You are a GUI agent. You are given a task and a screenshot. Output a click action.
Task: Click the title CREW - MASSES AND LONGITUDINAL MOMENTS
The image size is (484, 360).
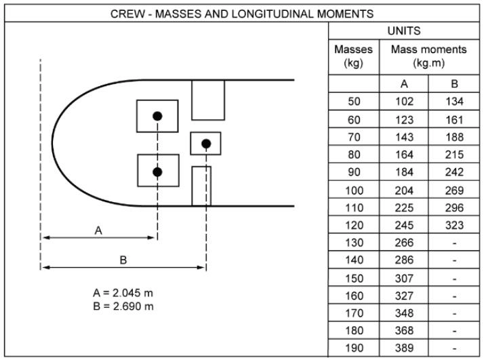[x=242, y=13]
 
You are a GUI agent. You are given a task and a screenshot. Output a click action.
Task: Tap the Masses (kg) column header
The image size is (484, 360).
[x=353, y=57]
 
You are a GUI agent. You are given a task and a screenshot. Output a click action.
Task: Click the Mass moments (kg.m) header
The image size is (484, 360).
[x=429, y=57]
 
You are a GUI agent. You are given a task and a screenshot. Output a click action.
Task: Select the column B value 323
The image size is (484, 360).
[x=455, y=225]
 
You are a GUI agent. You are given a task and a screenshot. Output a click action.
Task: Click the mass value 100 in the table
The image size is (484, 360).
[x=353, y=190]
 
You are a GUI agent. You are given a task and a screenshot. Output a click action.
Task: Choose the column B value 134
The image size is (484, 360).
[x=455, y=102]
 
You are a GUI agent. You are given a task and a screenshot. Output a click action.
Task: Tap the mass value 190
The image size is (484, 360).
[x=353, y=348]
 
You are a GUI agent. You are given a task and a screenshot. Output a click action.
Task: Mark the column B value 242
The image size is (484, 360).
[x=455, y=172]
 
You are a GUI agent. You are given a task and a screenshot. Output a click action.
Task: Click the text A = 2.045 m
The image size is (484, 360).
[x=123, y=294]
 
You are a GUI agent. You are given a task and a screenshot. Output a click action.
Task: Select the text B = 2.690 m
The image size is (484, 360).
[x=123, y=306]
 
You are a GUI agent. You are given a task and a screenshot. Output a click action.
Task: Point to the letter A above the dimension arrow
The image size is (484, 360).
[x=98, y=231]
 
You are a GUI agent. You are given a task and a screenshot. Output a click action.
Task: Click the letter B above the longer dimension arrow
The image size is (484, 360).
[x=123, y=260]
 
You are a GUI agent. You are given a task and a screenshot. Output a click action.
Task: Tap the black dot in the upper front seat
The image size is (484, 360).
[x=157, y=117]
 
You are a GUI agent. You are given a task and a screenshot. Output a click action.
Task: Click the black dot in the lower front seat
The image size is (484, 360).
[x=157, y=172]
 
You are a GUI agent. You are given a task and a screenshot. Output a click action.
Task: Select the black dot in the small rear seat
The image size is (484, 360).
[x=206, y=143]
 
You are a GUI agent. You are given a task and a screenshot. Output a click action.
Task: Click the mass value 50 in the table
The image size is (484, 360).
[x=353, y=102]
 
